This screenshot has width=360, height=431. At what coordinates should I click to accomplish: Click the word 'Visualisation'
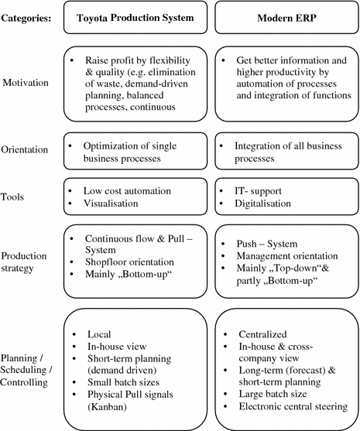[111, 203]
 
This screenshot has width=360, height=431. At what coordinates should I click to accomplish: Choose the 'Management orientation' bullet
[286, 255]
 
